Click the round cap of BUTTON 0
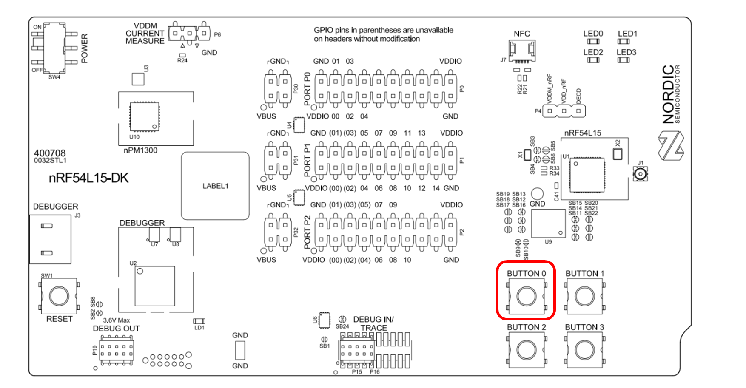pos(526,296)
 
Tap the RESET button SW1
pos(59,296)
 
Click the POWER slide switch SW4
pos(55,48)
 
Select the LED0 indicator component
pos(593,42)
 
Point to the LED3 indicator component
pos(624,60)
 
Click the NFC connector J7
pos(522,51)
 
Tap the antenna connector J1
pos(640,174)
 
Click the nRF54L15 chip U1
pos(587,174)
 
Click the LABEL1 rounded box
pos(215,186)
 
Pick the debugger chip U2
pos(155,286)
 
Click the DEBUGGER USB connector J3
pos(50,239)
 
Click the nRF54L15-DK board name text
pos(88,178)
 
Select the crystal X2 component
pos(618,154)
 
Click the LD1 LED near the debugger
pos(199,321)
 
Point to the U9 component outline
pos(548,223)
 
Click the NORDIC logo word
pos(669,94)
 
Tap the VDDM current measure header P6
pos(189,33)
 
